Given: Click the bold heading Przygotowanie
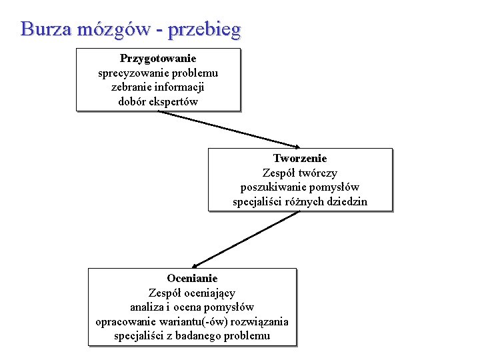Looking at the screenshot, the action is [x=158, y=59].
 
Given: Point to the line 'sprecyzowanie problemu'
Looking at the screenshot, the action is [x=158, y=73].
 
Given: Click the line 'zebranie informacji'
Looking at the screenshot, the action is [x=158, y=87].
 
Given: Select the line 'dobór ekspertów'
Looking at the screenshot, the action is [x=158, y=102].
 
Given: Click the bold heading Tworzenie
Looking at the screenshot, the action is [x=300, y=158].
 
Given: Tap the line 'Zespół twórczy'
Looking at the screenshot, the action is [x=300, y=173].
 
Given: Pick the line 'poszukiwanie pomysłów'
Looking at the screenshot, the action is [x=300, y=187].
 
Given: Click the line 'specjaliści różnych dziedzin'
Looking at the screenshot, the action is [x=300, y=201].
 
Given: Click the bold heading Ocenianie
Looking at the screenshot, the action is [x=192, y=278].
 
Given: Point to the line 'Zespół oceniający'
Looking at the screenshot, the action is [x=192, y=293].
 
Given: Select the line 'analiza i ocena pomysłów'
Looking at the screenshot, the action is [x=192, y=307].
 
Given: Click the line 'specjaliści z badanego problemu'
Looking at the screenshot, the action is [x=192, y=335].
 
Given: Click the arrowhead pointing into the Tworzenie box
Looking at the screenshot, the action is [x=296, y=146].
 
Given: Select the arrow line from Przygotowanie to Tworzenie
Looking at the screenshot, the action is [x=227, y=128].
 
